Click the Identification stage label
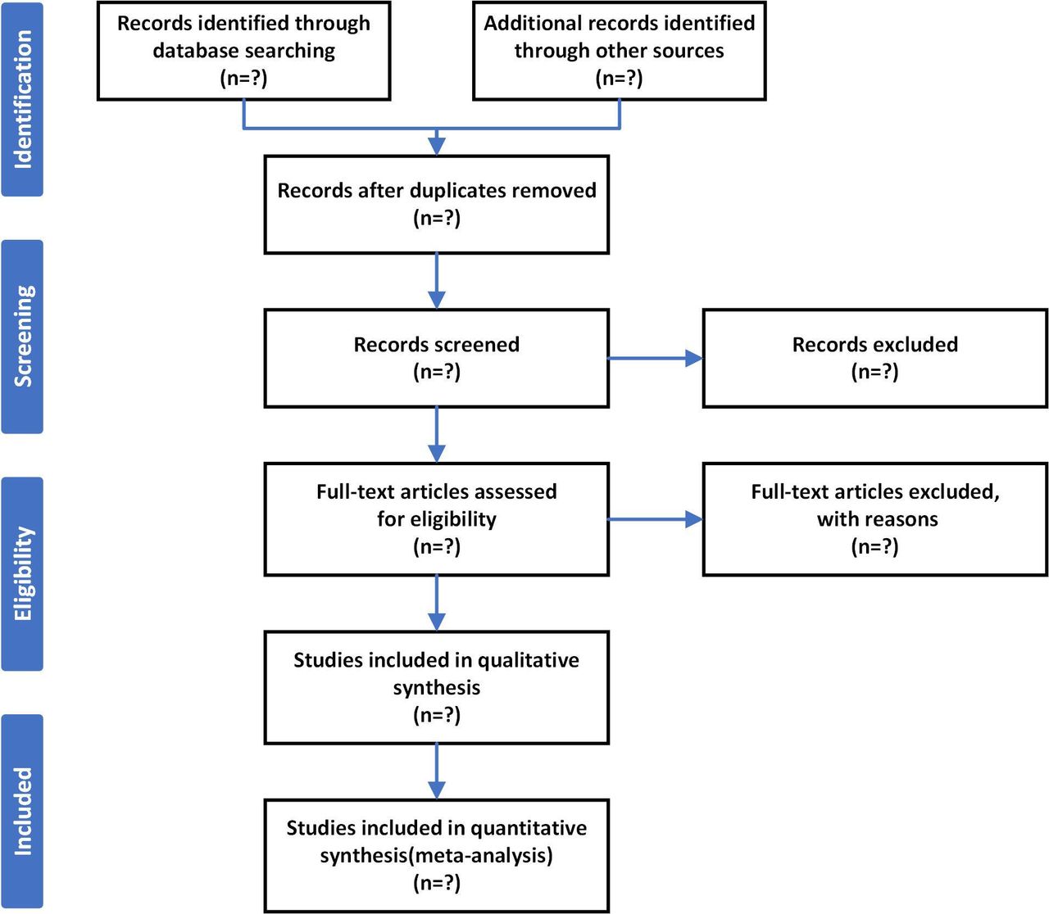tap(23, 99)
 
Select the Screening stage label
tap(23, 337)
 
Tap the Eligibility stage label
tap(23, 574)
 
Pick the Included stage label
tap(23, 811)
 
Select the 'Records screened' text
tap(436, 344)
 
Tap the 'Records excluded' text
tap(874, 344)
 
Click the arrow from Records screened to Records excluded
tap(656, 358)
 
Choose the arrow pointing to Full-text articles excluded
tap(656, 519)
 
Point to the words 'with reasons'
tap(877, 519)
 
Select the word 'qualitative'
tap(528, 660)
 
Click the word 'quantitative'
tap(529, 829)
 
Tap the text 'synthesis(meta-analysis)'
tap(436, 856)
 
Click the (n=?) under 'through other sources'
tap(619, 79)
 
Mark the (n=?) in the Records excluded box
tap(874, 372)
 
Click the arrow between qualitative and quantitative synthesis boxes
tap(436, 771)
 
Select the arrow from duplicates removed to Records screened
tap(436, 281)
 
